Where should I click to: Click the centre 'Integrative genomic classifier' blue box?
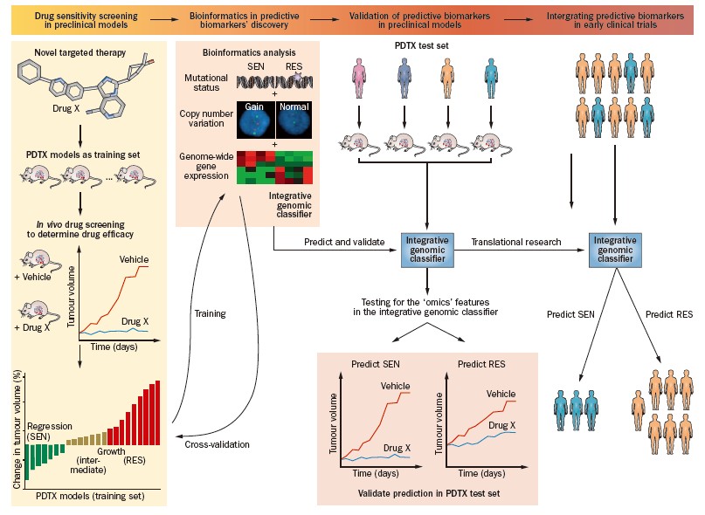[x=427, y=247]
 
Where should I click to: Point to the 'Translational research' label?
[x=515, y=242]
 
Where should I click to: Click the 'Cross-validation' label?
[x=217, y=444]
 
